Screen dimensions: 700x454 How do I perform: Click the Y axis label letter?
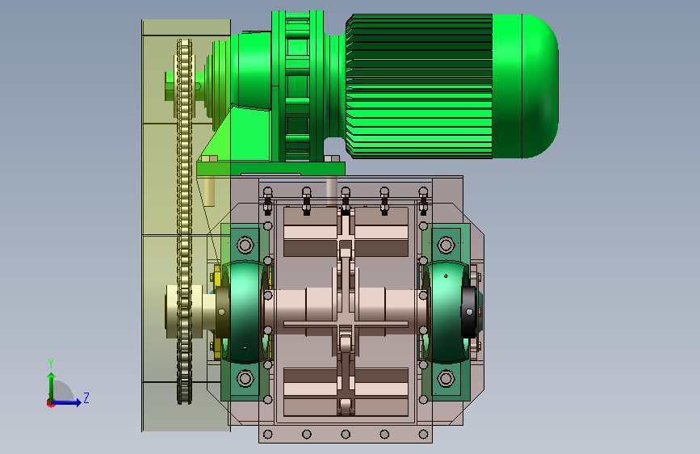tap(51, 364)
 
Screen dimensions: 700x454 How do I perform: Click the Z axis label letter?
tap(86, 397)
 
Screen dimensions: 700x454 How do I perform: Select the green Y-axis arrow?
tap(52, 388)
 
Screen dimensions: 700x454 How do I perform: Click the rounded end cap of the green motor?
tap(539, 86)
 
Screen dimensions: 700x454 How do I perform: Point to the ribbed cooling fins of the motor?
tap(419, 86)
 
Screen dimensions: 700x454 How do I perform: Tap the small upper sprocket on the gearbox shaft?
tap(184, 86)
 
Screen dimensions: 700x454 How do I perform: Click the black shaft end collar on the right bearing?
tap(468, 312)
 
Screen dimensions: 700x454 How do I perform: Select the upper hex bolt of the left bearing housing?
tap(245, 245)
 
